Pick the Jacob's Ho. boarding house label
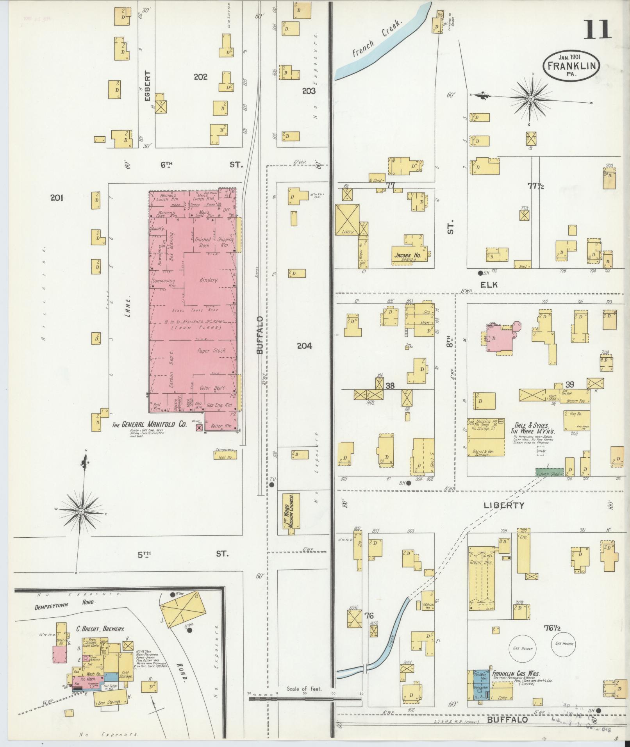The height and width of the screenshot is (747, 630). (x=409, y=256)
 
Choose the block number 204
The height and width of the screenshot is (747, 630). (x=305, y=346)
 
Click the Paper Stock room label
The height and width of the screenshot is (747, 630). (x=212, y=351)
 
